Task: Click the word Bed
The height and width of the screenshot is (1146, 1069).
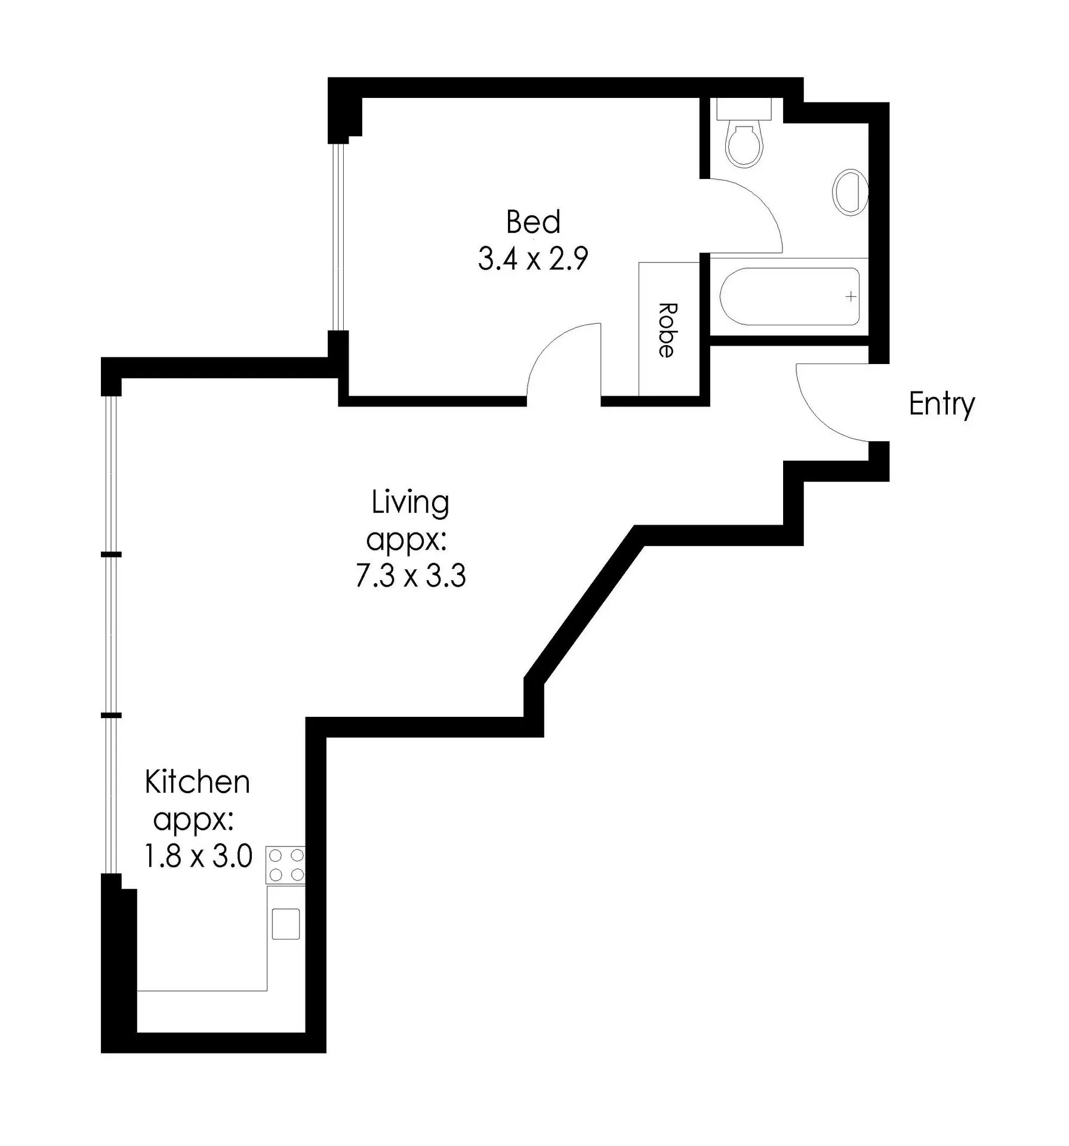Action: click(x=533, y=222)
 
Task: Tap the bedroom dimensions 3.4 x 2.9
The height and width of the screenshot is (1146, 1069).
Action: click(x=533, y=259)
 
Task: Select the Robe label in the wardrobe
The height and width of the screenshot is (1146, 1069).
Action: click(x=667, y=330)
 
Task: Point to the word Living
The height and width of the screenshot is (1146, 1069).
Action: click(x=410, y=503)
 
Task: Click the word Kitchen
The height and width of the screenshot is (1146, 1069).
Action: click(x=197, y=782)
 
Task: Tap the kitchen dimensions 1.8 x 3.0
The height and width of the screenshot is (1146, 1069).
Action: click(x=198, y=857)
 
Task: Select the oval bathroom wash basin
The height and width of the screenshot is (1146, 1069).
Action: click(x=849, y=192)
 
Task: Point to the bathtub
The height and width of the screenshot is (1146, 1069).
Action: click(x=790, y=296)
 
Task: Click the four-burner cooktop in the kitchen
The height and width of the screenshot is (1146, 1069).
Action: click(x=285, y=865)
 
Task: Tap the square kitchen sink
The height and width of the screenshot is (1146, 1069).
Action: click(x=286, y=924)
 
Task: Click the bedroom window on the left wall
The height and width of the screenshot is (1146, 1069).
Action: click(x=338, y=237)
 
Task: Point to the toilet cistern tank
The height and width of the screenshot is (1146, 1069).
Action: click(x=744, y=109)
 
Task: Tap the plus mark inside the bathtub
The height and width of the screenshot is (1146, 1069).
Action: click(x=851, y=297)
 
